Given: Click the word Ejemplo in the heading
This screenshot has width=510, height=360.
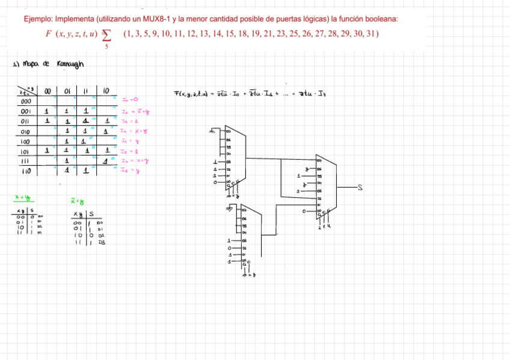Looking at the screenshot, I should tap(37, 19).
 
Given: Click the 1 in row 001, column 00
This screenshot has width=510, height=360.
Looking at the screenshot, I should tap(46, 112).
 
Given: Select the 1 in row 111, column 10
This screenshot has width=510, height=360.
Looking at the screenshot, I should tap(105, 160).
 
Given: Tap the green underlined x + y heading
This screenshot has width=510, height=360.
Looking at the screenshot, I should tap(23, 197).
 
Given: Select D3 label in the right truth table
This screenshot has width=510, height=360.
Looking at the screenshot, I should tap(102, 242).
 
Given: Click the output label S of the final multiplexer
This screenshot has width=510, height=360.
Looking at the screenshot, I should tap(360, 188).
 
